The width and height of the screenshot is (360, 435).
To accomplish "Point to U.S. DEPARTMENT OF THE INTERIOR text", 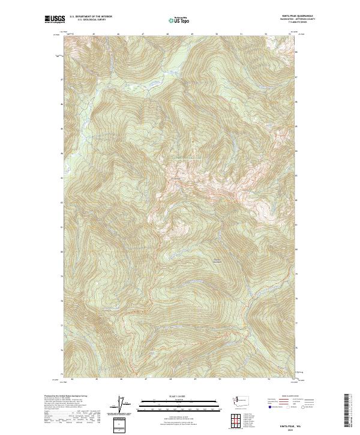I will coord(91,16).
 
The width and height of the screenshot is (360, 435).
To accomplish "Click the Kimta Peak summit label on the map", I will coord(176,178).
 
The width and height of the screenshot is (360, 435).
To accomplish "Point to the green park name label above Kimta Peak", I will coord(182,158).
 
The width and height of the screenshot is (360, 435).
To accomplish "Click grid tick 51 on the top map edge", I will coord(241,34).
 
